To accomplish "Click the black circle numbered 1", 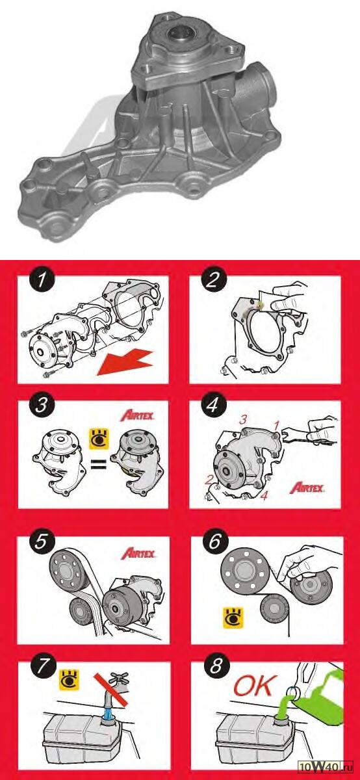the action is click(x=42, y=280).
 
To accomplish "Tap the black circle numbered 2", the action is click(x=213, y=280).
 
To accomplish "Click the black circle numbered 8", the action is click(x=216, y=666).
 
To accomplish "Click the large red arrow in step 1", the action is click(x=125, y=363).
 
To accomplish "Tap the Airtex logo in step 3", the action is click(x=137, y=415).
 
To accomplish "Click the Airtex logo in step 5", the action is click(x=138, y=553).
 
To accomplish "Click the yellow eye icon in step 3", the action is click(x=99, y=439).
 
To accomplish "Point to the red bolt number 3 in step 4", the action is click(x=242, y=420).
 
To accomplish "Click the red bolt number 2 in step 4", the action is click(x=209, y=480).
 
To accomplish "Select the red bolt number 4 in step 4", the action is click(x=264, y=496).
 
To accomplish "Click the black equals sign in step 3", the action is click(x=99, y=464).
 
